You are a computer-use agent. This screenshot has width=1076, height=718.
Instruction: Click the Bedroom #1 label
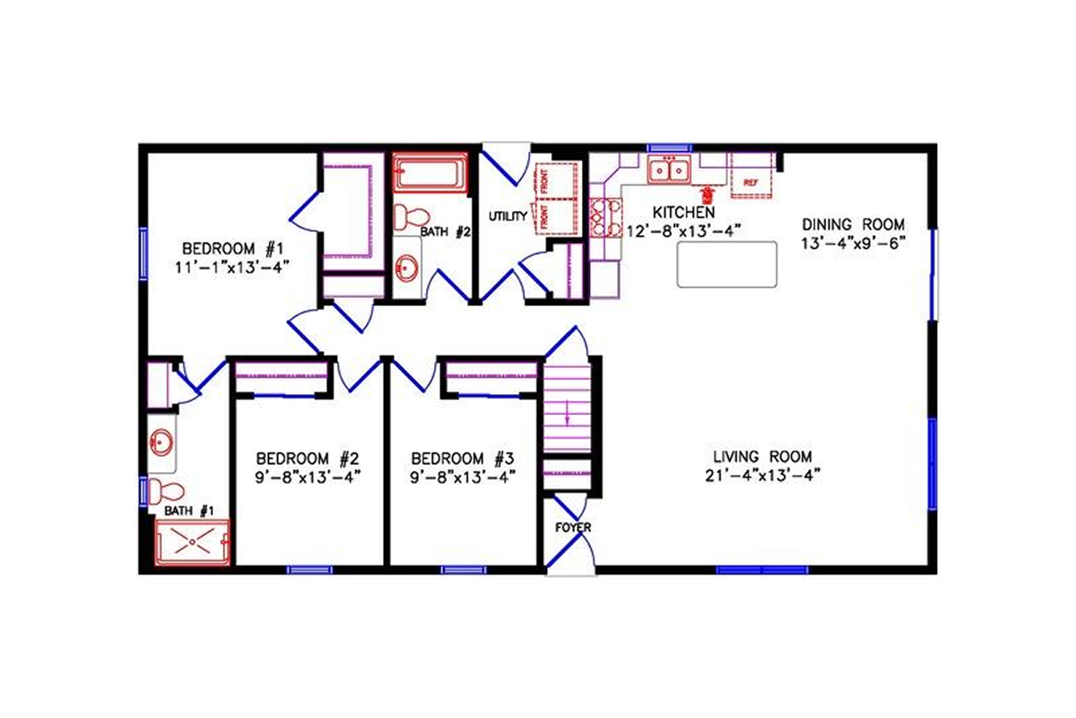[x=233, y=249]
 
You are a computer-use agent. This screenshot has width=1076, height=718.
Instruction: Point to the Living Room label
[x=763, y=456]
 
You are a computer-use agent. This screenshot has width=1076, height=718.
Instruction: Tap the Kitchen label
[x=683, y=213]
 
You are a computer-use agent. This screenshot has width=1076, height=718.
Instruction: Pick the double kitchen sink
[x=668, y=169]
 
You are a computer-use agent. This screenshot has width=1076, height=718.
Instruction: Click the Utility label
[x=507, y=216]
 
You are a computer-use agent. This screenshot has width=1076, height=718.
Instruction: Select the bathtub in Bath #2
[x=430, y=172]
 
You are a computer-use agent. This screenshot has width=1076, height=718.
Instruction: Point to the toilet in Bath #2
[x=412, y=216]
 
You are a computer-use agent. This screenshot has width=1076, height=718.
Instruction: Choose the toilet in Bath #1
[x=165, y=491]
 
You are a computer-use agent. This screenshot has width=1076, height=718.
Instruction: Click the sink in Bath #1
[x=162, y=442]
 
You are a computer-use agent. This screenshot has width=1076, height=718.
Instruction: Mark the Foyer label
[x=573, y=528]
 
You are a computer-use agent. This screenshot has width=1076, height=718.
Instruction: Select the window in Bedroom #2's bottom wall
[x=308, y=569]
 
